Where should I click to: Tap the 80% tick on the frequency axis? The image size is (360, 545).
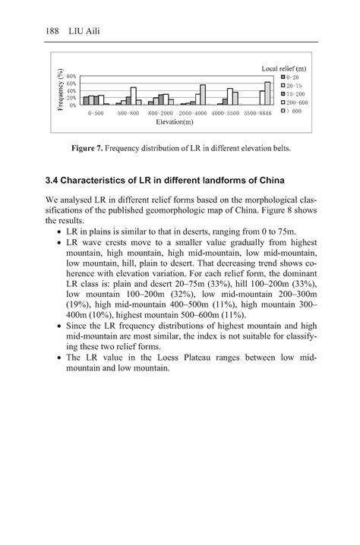tap(71, 77)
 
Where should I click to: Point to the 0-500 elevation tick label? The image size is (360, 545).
tap(96, 112)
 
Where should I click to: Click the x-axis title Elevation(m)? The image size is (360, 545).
tap(174, 121)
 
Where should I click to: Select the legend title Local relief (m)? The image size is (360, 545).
tap(285, 69)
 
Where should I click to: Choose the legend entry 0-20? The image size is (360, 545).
tap(292, 77)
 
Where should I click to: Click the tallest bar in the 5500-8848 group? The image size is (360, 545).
tap(267, 93)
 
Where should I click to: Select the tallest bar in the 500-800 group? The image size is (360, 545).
tap(134, 96)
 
